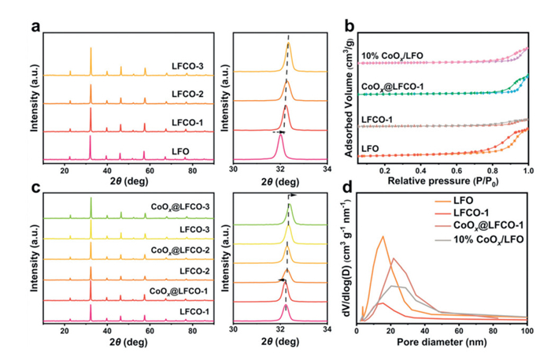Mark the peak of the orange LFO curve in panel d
tap(383, 236)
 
